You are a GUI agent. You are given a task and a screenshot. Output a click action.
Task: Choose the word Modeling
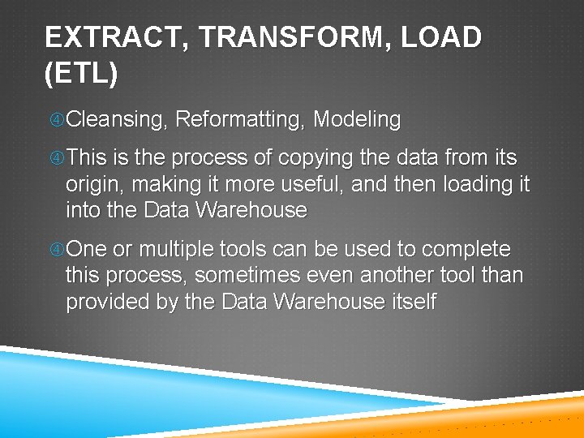[357, 120]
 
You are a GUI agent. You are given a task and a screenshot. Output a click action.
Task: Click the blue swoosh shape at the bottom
[122, 389]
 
